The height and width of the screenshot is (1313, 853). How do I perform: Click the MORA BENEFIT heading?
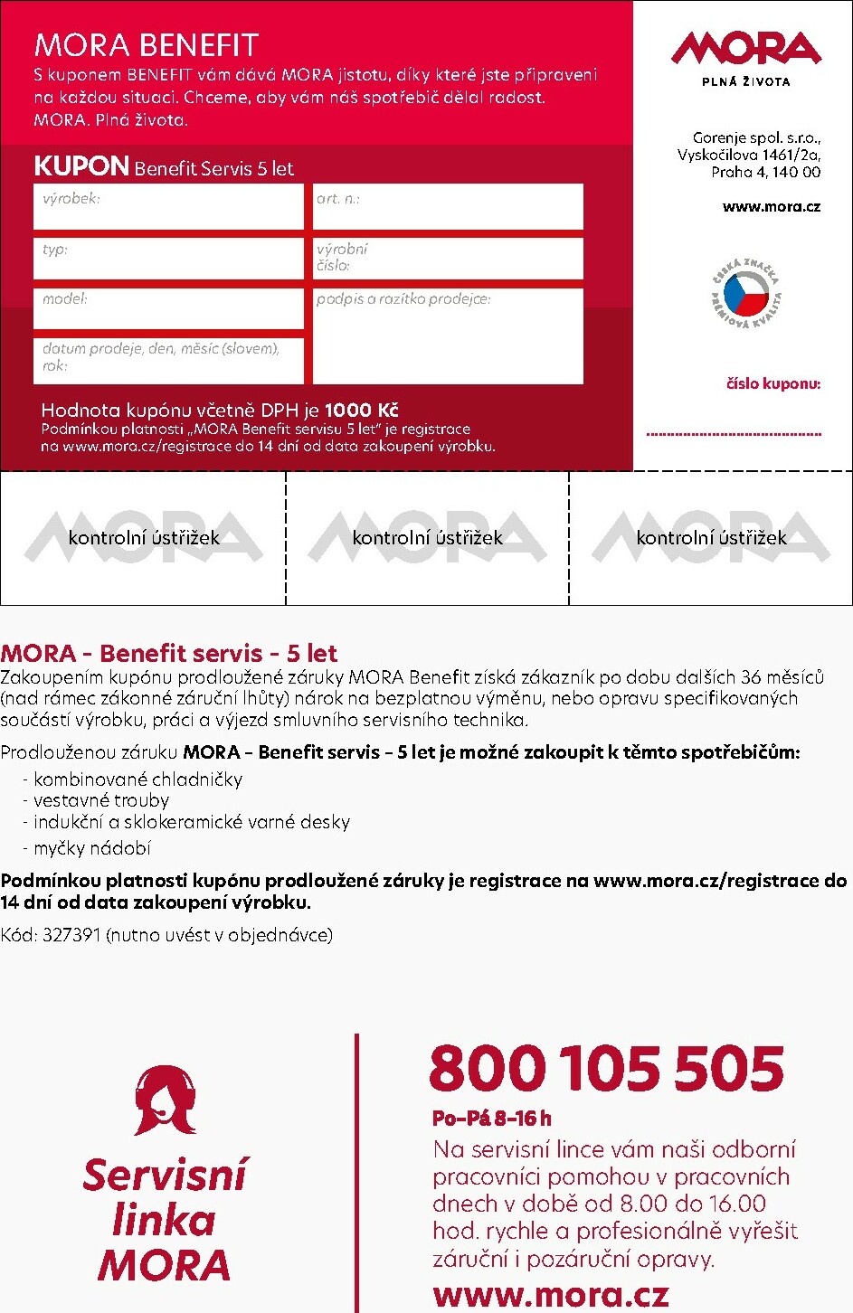click(147, 45)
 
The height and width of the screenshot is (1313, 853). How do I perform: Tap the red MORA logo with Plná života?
click(746, 56)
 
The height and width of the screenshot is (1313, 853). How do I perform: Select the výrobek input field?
click(168, 207)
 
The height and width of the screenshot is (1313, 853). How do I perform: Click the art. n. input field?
click(448, 207)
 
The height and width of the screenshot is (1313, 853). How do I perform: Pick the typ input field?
click(168, 259)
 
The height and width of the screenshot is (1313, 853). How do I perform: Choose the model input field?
click(168, 308)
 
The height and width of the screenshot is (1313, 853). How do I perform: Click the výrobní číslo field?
click(448, 259)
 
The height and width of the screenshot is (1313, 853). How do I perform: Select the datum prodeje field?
click(168, 360)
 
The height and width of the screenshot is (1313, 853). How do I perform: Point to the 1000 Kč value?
click(361, 411)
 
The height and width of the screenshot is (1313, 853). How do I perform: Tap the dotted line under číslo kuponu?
click(734, 435)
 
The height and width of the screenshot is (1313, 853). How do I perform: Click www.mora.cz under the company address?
click(771, 207)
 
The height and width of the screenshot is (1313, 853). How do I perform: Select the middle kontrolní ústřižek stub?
click(427, 538)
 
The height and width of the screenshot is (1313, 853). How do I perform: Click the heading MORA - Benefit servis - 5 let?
click(169, 653)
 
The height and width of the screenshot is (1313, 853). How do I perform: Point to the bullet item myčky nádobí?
click(91, 848)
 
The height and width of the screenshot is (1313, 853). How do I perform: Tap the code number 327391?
click(71, 935)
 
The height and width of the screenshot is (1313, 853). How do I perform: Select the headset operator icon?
click(165, 1100)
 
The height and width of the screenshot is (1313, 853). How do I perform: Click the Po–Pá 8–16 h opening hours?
click(492, 1119)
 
